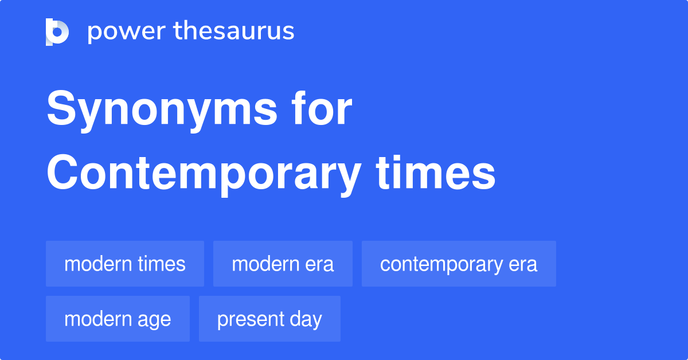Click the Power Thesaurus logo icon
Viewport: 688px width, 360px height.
57,32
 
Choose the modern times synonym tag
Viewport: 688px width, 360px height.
125,264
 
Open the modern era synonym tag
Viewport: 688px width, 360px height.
283,264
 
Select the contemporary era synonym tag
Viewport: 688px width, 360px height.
459,264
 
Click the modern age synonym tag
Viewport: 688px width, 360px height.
118,319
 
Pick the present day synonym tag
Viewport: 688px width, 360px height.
269,319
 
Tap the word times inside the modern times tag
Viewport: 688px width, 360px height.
162,264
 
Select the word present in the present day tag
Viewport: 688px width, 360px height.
249,319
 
